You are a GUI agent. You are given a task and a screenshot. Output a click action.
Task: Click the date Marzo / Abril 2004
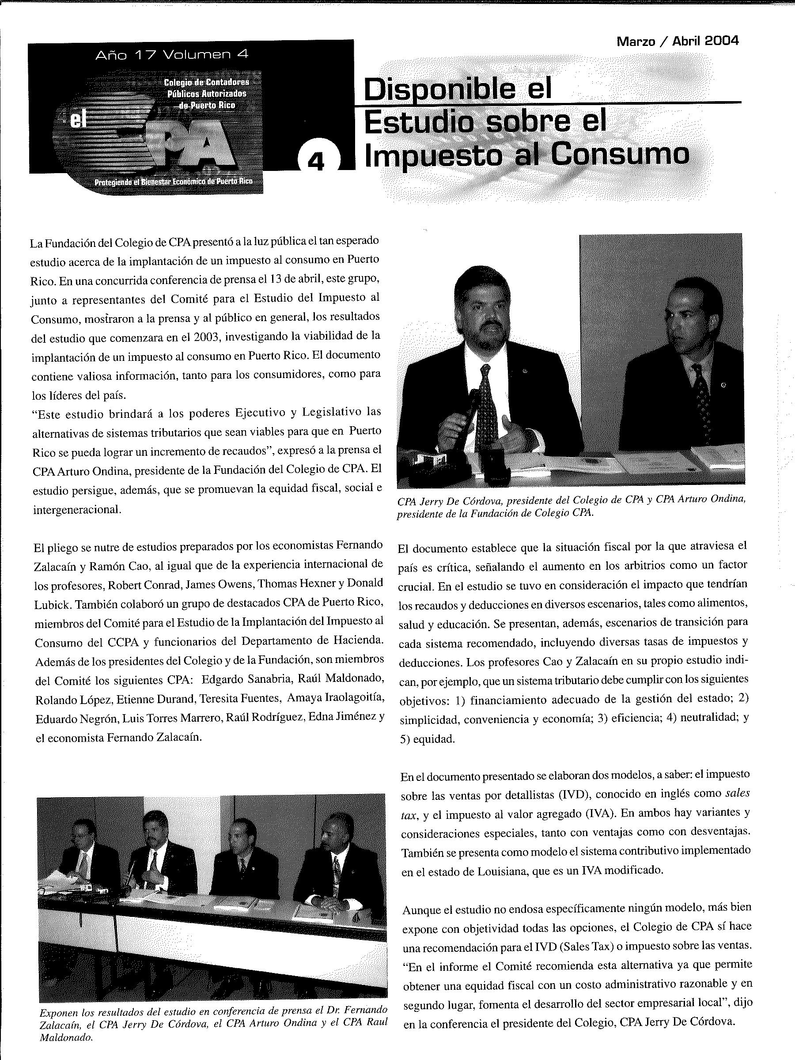677,41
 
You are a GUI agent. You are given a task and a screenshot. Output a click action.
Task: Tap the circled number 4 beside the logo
315,162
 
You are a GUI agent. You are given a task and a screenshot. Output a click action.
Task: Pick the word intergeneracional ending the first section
77,509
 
